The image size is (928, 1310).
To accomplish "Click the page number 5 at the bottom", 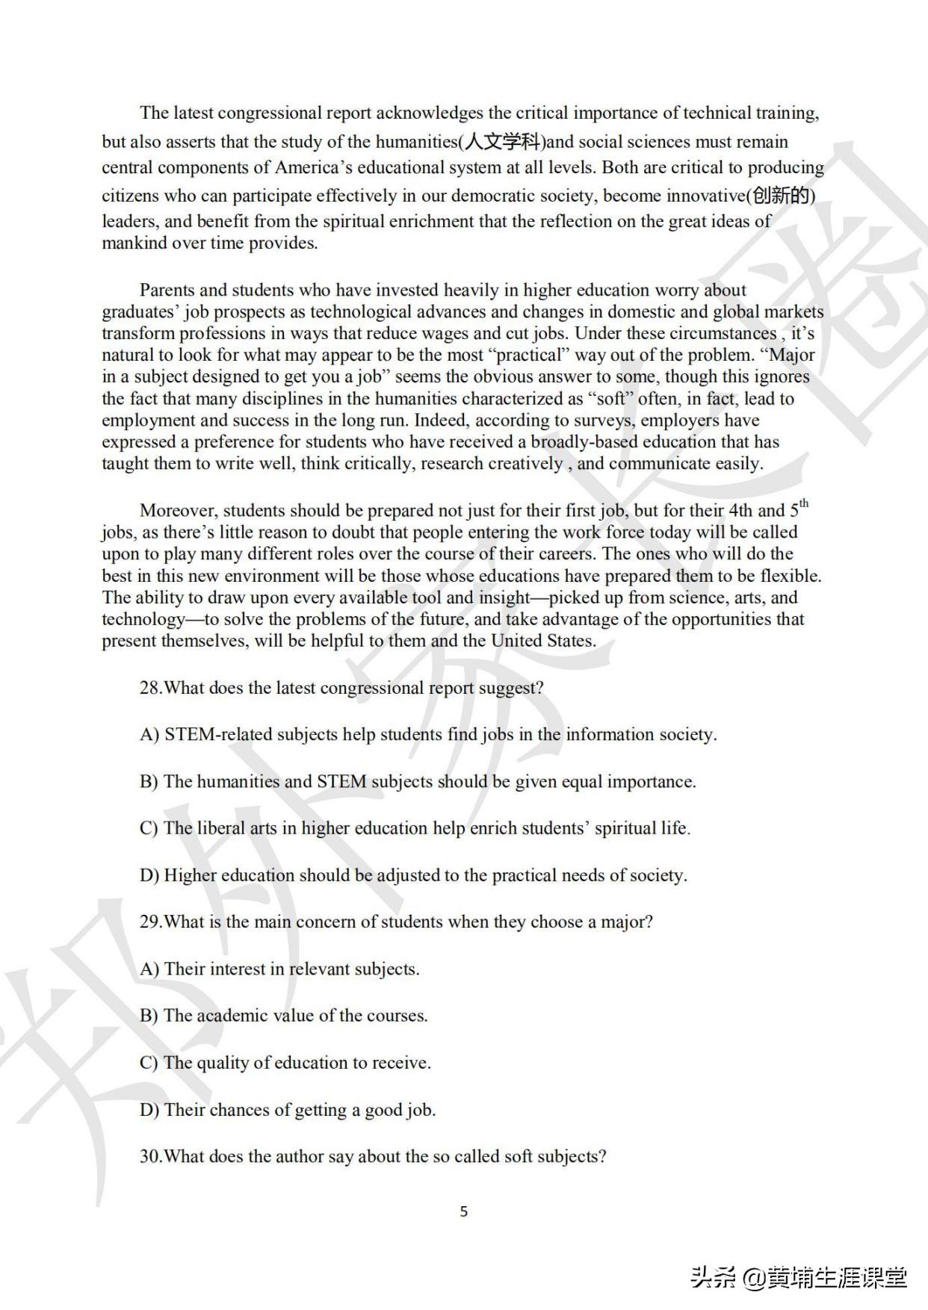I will (464, 1211).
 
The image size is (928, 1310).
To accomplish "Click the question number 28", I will (150, 688).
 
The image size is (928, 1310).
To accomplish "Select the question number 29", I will (150, 922).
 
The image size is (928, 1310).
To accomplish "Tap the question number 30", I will (150, 1156).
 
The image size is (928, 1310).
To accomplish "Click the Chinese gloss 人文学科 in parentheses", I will (502, 142).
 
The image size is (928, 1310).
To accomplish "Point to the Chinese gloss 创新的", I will (781, 196).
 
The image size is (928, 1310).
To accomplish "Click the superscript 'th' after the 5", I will (804, 503).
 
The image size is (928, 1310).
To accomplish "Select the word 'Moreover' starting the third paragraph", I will (178, 511).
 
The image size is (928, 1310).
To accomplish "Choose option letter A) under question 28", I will (149, 735).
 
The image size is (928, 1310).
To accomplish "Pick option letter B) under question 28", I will (149, 782).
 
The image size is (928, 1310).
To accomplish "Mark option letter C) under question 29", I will (149, 1063).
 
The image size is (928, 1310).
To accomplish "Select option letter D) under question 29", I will (149, 1110).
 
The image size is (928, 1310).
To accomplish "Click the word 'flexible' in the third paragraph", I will (790, 576).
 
